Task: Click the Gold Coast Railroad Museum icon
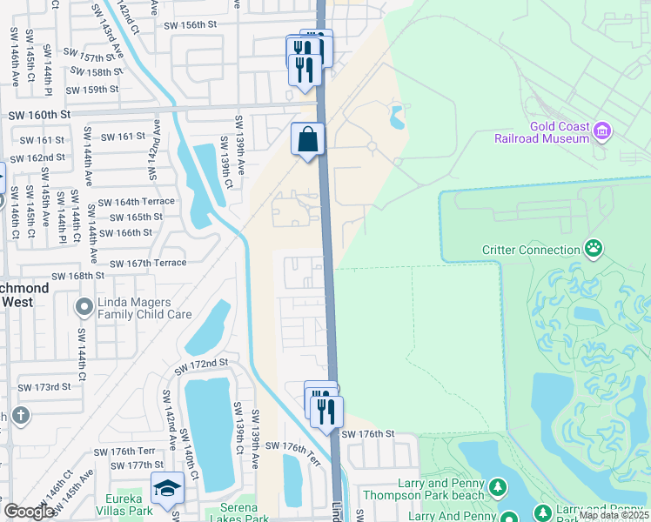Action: pos(602,131)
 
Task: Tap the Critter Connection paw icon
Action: pos(594,250)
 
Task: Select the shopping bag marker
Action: pos(308,139)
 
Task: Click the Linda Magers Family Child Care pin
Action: pos(84,306)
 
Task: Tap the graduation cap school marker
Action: pos(167,489)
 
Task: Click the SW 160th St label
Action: pos(39,115)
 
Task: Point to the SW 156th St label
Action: pos(190,25)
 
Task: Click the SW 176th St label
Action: pos(368,433)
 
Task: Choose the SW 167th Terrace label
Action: pos(148,263)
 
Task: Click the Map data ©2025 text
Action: pos(614,515)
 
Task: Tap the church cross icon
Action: pos(20,414)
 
